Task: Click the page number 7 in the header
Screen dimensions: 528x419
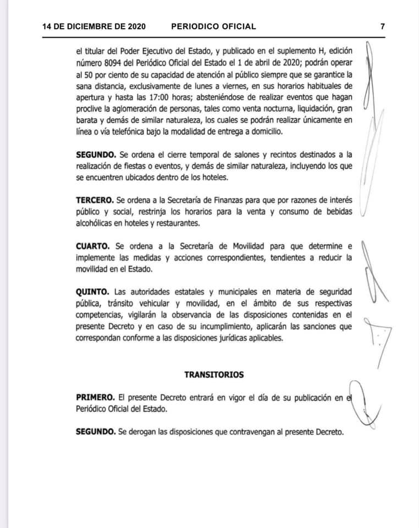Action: (x=382, y=26)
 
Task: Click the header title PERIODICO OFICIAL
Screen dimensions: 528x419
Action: (x=213, y=26)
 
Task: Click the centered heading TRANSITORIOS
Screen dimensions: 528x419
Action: (x=214, y=375)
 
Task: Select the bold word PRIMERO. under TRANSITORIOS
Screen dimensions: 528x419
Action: (x=95, y=397)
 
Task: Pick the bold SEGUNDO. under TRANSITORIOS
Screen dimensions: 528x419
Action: (x=96, y=432)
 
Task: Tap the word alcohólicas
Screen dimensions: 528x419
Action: (x=100, y=223)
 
